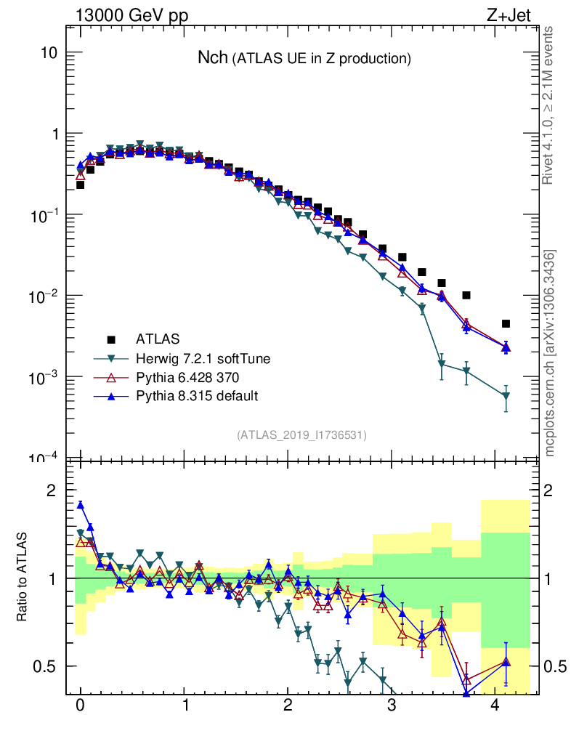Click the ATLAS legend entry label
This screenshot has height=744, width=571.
coord(158,339)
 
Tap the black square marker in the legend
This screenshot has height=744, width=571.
coord(111,339)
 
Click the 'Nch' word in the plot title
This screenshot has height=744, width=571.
coord(213,58)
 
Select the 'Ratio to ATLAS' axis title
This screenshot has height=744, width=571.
coord(24,578)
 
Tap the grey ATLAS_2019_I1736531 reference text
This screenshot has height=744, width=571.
coord(301,434)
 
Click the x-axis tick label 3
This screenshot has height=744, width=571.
coord(392,705)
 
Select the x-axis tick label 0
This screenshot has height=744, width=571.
coord(80,705)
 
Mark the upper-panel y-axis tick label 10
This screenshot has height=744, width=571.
coord(49,53)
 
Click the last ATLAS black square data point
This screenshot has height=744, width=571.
coord(506,323)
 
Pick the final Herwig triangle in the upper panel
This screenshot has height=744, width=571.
coord(506,396)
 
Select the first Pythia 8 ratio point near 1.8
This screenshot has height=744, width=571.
coord(81,505)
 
